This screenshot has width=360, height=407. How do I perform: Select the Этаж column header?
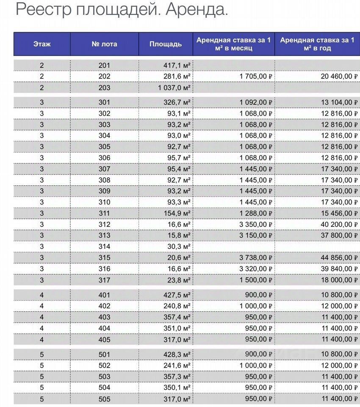(x=42, y=44)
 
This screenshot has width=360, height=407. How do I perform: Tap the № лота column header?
(x=104, y=44)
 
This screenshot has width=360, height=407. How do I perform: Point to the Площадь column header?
(x=166, y=44)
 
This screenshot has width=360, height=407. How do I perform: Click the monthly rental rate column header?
(x=233, y=44)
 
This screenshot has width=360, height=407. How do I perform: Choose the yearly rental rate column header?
(x=317, y=44)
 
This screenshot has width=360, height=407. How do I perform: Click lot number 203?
(x=104, y=88)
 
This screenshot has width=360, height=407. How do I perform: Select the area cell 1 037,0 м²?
(x=174, y=88)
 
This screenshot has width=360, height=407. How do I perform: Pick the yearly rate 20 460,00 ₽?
(x=336, y=76)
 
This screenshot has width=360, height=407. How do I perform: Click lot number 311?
(x=104, y=213)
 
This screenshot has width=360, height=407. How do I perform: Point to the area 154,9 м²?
(x=177, y=213)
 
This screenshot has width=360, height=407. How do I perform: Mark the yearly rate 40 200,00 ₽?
(x=336, y=224)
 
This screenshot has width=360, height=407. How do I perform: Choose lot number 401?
(x=104, y=295)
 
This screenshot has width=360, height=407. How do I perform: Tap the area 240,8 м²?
(x=177, y=306)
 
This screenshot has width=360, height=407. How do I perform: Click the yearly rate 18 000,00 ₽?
(x=336, y=280)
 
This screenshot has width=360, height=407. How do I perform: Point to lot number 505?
(x=104, y=399)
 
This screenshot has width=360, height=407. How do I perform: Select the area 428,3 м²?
(x=177, y=354)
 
